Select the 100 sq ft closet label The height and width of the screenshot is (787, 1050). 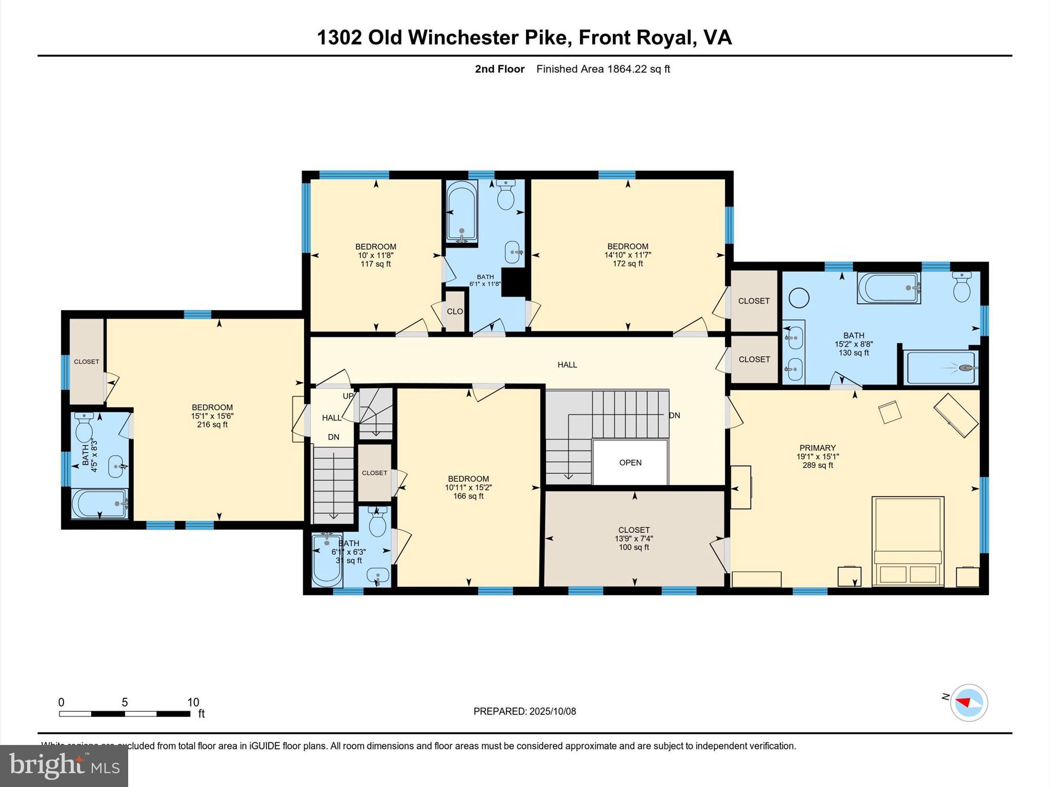tap(634, 539)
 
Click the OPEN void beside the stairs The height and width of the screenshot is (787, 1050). tap(630, 462)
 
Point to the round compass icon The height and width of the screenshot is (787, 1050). tap(968, 702)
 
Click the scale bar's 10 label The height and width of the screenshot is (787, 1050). tap(193, 702)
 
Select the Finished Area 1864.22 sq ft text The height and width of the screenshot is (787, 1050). tap(603, 69)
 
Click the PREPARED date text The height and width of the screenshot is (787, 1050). tap(524, 711)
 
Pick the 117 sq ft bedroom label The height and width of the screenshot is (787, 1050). tap(376, 255)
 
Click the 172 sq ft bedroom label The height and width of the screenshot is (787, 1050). tap(628, 255)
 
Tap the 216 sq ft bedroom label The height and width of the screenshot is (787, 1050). tap(212, 416)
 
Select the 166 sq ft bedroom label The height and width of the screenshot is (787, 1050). tap(468, 487)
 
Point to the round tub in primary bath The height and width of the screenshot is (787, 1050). tap(799, 298)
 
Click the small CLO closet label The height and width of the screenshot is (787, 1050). tap(455, 312)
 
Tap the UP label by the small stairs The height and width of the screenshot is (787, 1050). tap(348, 396)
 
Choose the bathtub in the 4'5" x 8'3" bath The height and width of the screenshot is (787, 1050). tap(99, 504)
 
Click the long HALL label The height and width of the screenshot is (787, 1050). tap(567, 365)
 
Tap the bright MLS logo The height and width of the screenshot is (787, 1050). tap(64, 765)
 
